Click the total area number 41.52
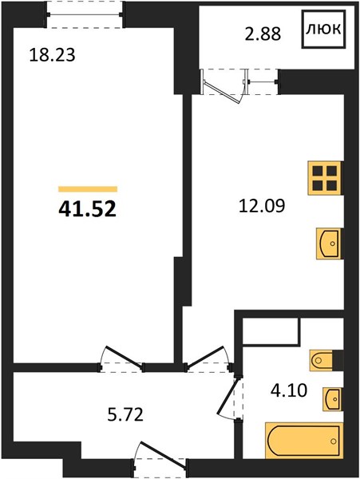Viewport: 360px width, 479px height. pos(87,209)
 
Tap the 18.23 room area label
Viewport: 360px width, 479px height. pos(52,56)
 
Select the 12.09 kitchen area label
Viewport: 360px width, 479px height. pos(262,206)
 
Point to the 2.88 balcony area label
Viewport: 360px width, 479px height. pos(263,34)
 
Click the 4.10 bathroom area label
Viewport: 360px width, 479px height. pos(288,390)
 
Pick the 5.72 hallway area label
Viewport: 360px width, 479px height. pos(125,415)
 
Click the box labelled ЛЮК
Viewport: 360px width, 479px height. pos(323,29)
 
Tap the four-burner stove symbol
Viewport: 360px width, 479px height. pos(325,178)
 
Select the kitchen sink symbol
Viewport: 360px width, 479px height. pos(329,243)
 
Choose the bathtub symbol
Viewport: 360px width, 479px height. pos(304,441)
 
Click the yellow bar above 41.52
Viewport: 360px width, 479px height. pos(88,189)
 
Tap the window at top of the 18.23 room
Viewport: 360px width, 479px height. pos(85,14)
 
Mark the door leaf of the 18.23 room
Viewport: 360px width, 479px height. pos(124,358)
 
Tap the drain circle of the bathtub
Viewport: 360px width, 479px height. pos(334,441)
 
